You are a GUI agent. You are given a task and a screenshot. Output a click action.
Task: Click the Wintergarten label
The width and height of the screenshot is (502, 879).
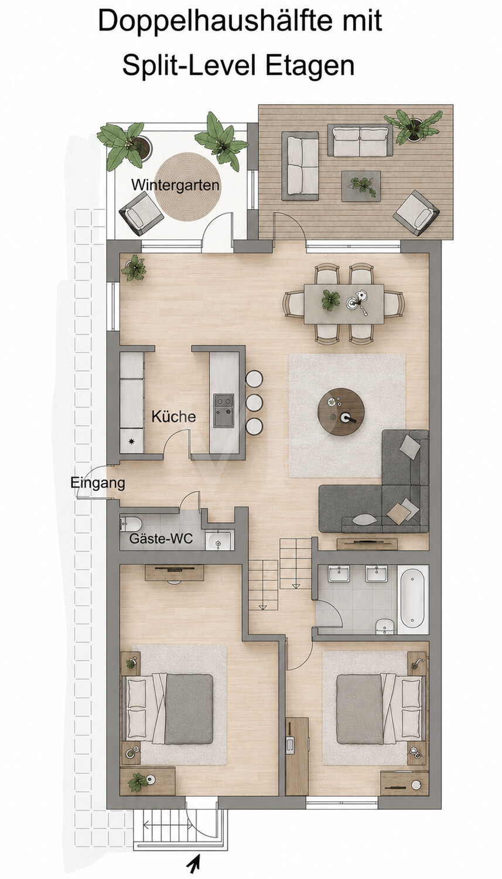coord(175,185)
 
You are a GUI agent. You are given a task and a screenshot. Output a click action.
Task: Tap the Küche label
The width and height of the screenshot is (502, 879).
coord(174,416)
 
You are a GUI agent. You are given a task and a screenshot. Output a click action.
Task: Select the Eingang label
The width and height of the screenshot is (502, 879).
coord(98,483)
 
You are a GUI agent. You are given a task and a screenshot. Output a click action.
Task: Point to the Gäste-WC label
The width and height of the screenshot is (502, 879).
coord(161,539)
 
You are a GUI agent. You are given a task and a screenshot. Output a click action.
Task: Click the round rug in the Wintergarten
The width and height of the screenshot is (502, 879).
coord(187,187)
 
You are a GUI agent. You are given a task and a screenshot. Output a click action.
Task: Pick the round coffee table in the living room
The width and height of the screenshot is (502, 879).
coord(341,411)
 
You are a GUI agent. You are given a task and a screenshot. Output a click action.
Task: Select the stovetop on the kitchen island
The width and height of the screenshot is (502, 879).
coord(224,411)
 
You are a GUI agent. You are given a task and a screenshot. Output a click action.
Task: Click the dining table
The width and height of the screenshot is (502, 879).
coord(344,304)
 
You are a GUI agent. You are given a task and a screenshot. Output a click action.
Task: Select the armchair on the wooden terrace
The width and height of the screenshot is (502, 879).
coord(416,213)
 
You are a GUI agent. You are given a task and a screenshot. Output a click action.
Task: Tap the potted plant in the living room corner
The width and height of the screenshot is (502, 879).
coord(134,267)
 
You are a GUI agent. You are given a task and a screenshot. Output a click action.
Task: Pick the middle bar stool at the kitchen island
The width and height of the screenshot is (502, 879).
coord(254,403)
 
